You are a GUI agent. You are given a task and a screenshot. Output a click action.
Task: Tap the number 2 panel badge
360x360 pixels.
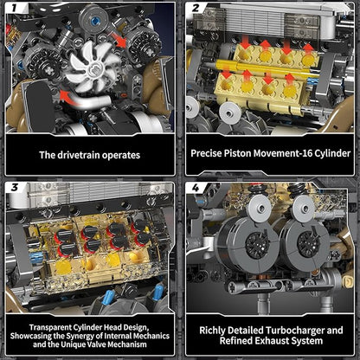(196, 9)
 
